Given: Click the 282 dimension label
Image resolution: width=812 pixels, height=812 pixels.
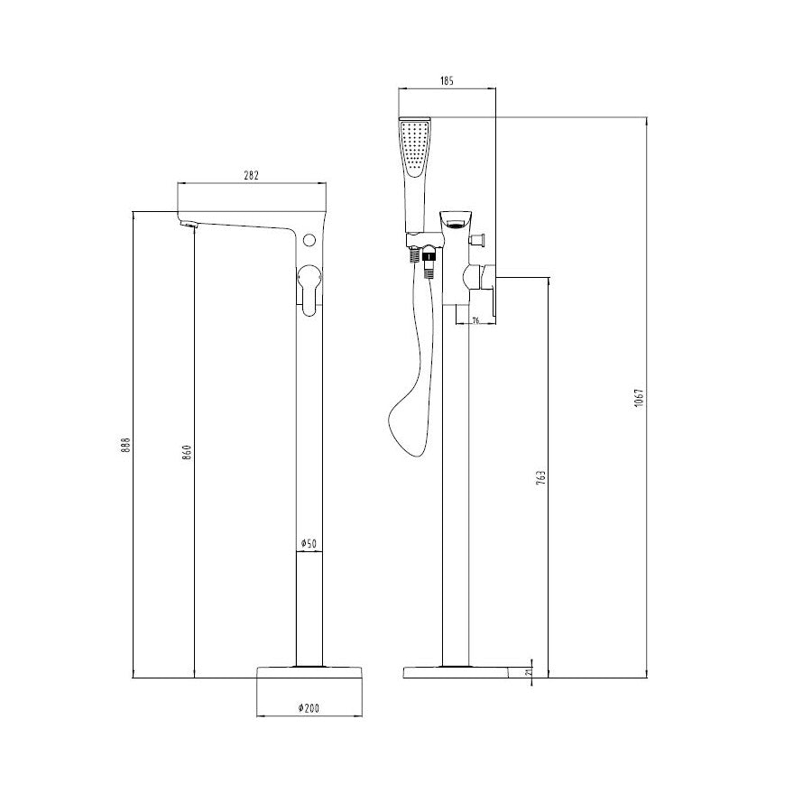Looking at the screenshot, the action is coord(251,176).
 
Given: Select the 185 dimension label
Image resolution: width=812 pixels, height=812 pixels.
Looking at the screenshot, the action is coord(447,81).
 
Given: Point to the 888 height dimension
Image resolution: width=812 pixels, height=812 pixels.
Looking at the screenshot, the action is coord(125,446).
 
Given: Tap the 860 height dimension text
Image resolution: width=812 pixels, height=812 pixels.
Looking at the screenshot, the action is coord(188,452).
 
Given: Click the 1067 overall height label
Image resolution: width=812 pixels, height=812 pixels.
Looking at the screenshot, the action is coord(639,397).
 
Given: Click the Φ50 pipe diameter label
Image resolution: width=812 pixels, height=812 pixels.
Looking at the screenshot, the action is coord(309,544).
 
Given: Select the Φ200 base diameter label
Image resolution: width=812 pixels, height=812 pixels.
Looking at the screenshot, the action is coord(309,708).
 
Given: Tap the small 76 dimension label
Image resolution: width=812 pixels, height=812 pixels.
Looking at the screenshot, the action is coord(476,321).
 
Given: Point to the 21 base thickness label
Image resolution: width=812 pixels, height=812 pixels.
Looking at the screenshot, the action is coord(528,671).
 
